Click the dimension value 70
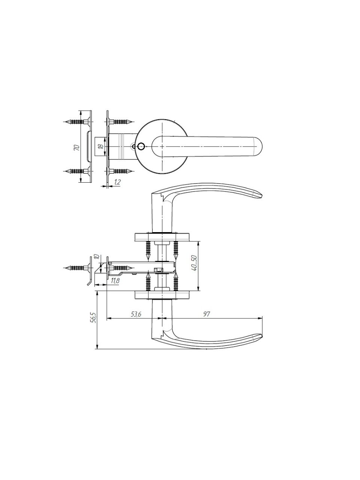pos(76,148)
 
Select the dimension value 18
pos(101,147)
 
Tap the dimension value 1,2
pos(117,182)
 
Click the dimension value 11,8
pos(115,281)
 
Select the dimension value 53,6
pos(136,314)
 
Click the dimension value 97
pos(206,314)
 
